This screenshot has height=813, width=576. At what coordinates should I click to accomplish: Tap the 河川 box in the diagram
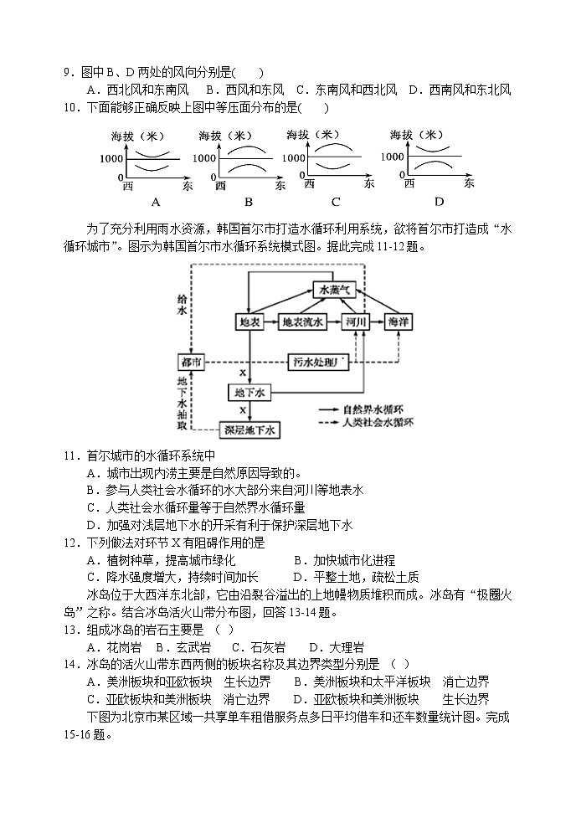pyautogui.click(x=356, y=322)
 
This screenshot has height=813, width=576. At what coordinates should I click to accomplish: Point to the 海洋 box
pyautogui.click(x=398, y=322)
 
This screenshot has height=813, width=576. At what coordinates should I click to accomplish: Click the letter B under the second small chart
pyautogui.click(x=249, y=202)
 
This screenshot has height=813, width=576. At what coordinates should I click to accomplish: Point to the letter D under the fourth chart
pyautogui.click(x=439, y=202)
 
